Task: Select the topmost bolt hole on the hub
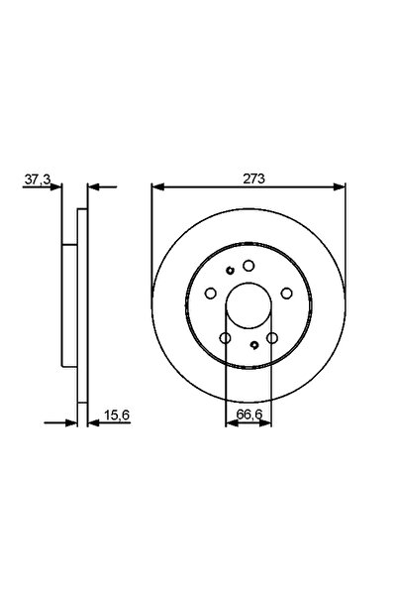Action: pyautogui.click(x=248, y=266)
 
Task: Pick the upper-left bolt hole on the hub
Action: pyautogui.click(x=211, y=294)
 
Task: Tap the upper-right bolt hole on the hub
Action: pyautogui.click(x=286, y=294)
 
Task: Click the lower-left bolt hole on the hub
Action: pyautogui.click(x=225, y=338)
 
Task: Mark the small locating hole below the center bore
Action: pyautogui.click(x=255, y=345)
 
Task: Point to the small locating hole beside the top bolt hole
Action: pyautogui.click(x=229, y=270)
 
